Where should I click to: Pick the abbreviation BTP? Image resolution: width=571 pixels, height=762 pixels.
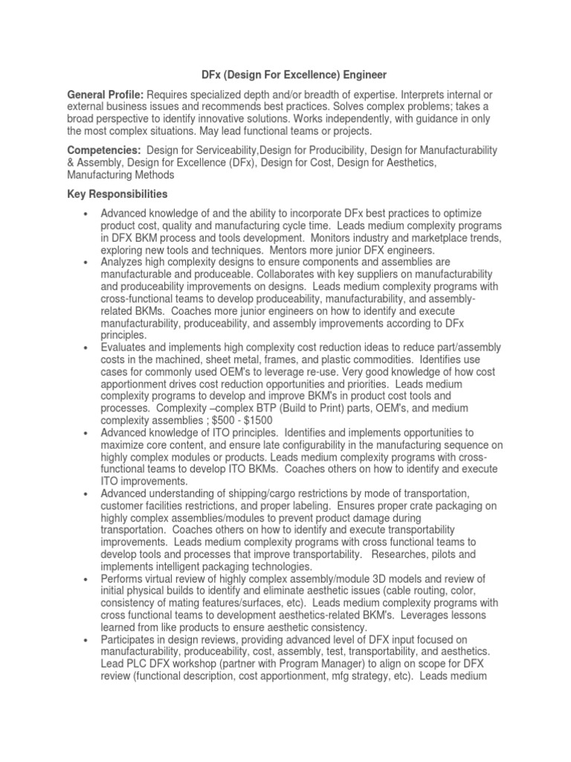tap(266, 408)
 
